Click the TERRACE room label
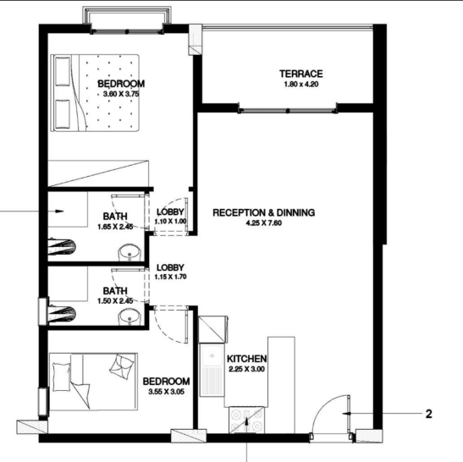(300, 74)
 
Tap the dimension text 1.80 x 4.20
(300, 84)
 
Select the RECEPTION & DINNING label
(264, 212)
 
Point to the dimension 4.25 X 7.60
(264, 223)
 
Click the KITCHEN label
(247, 359)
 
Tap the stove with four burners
(246, 420)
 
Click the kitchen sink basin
(212, 356)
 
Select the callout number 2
(429, 414)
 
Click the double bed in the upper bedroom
(95, 93)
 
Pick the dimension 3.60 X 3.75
(121, 94)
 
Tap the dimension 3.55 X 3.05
(166, 392)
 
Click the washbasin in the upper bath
(130, 253)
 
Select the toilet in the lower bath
(62, 314)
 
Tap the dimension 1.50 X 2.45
(115, 301)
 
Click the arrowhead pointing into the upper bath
(60, 211)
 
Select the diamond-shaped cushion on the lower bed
(122, 366)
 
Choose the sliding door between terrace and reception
(288, 111)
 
